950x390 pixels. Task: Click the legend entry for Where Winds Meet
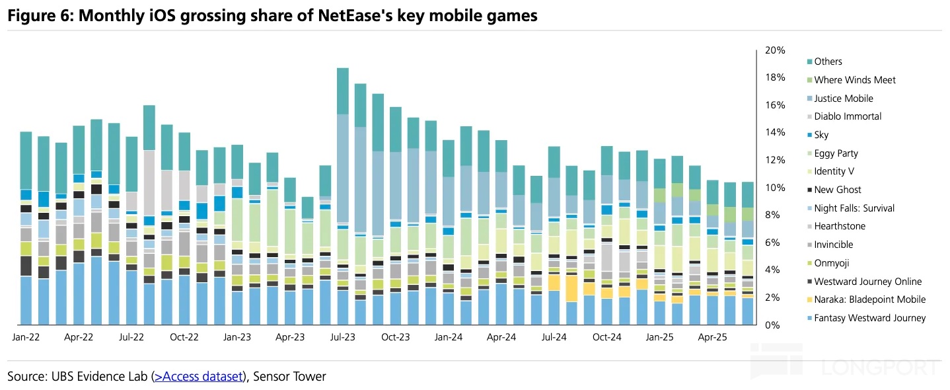855,80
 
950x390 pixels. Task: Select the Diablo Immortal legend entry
848,116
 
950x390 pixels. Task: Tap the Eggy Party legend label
836,153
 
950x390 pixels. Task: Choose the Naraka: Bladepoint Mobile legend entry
869,299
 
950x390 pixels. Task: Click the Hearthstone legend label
839,226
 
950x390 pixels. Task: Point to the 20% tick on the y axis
775,50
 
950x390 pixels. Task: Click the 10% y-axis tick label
775,188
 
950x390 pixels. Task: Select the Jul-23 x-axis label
343,337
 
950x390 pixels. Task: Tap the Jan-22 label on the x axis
26,337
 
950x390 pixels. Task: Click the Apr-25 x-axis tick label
713,337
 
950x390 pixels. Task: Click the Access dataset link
198,377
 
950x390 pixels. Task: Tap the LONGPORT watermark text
881,368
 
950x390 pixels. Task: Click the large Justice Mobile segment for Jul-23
343,169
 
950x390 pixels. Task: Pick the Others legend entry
828,61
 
